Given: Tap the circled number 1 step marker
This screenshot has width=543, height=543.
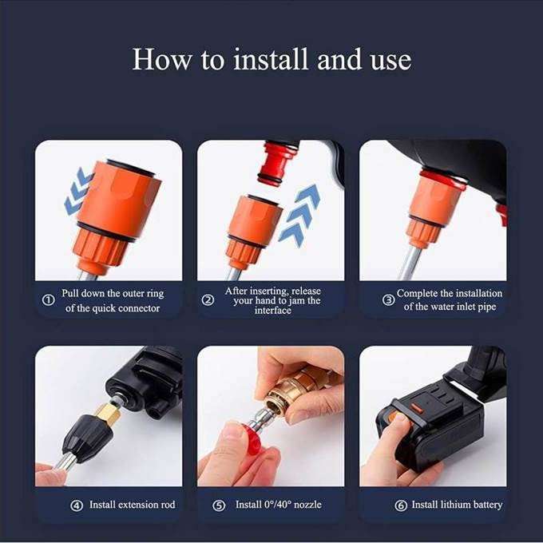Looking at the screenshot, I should pos(47,301).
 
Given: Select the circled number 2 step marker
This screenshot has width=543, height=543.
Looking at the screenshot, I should pos(208,301).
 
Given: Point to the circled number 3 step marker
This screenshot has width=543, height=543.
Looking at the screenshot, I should pos(388,301).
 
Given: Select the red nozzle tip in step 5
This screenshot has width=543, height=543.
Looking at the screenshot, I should pos(253,439).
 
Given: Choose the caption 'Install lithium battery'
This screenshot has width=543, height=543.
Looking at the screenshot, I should pos(457,505).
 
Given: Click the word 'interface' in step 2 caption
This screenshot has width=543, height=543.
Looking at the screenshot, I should pos(272,311).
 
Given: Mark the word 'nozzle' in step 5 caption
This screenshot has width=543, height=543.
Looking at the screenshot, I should pos(303,505).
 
